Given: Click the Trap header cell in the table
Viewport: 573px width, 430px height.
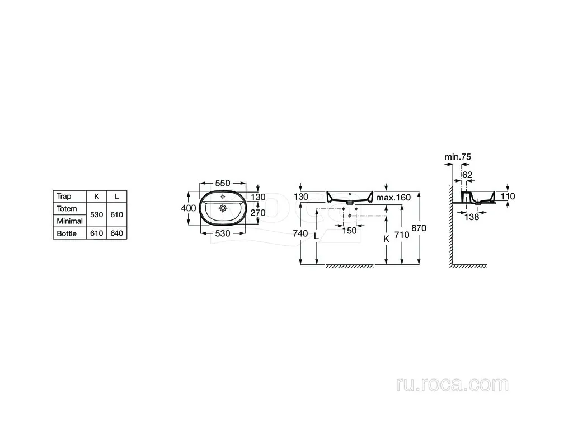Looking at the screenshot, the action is [64, 197].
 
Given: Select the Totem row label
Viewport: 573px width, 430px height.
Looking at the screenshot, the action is [67, 209].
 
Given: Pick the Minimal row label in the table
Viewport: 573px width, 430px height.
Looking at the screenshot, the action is [70, 221].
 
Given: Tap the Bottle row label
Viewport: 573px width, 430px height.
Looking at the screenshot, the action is [67, 233].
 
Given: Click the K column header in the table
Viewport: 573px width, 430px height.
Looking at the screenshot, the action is [96, 197].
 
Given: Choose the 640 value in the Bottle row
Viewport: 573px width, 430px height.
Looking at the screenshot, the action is [117, 233].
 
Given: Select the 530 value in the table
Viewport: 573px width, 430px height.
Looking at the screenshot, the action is [96, 214].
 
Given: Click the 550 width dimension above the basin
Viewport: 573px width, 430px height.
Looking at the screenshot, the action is [223, 183].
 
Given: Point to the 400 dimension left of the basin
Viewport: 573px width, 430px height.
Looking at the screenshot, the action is [189, 208].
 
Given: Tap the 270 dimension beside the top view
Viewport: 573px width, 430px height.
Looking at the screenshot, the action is [258, 212].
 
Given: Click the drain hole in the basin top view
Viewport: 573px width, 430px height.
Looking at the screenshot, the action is [223, 208].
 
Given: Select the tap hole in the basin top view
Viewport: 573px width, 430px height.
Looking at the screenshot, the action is [223, 197].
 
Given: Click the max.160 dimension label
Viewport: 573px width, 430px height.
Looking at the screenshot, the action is [393, 198].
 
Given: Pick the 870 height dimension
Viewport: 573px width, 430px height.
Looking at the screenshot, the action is [419, 228].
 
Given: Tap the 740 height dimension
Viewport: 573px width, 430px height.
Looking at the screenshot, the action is [300, 233].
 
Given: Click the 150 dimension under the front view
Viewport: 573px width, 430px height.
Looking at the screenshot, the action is [349, 231].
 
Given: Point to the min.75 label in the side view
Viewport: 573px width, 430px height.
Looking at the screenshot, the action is [458, 157].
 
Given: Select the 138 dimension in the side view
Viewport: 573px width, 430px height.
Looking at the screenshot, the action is [471, 217].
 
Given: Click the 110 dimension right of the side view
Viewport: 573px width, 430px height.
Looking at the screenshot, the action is [508, 197].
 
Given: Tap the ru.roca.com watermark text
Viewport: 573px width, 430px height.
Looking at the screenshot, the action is [452, 385].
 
